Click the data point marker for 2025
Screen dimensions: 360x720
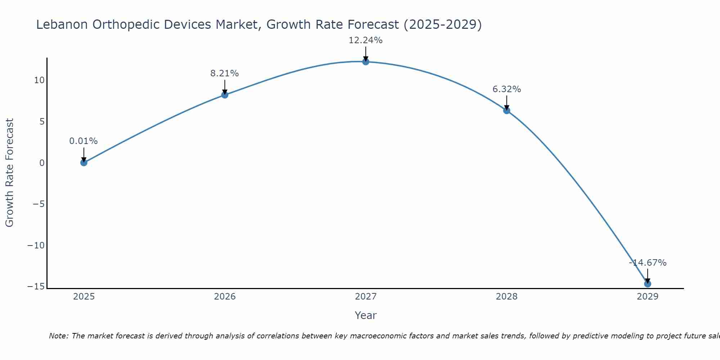pyautogui.click(x=84, y=163)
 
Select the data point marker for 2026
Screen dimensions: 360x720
pyautogui.click(x=225, y=95)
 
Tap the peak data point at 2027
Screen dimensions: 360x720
pyautogui.click(x=366, y=62)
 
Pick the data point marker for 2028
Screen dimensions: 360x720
pyautogui.click(x=507, y=111)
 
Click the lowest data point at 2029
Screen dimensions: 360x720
pyautogui.click(x=648, y=284)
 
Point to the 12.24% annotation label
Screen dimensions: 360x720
pyautogui.click(x=365, y=40)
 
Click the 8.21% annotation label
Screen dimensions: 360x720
pyautogui.click(x=224, y=73)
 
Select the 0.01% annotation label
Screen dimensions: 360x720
pyautogui.click(x=84, y=141)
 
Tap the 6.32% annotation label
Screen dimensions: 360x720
pyautogui.click(x=507, y=89)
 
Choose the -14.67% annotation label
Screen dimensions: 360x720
pyautogui.click(x=648, y=263)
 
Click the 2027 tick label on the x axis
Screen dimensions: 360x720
pyautogui.click(x=366, y=297)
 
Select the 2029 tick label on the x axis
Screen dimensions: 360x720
pyautogui.click(x=648, y=297)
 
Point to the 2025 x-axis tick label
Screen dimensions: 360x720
pyautogui.click(x=84, y=297)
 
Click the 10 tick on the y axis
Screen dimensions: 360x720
pyautogui.click(x=39, y=80)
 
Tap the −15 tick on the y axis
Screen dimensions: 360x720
pyautogui.click(x=36, y=287)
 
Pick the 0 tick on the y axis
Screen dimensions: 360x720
pyautogui.click(x=42, y=163)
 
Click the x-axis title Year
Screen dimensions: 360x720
pyautogui.click(x=365, y=315)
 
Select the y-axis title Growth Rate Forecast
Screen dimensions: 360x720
pyautogui.click(x=10, y=173)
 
